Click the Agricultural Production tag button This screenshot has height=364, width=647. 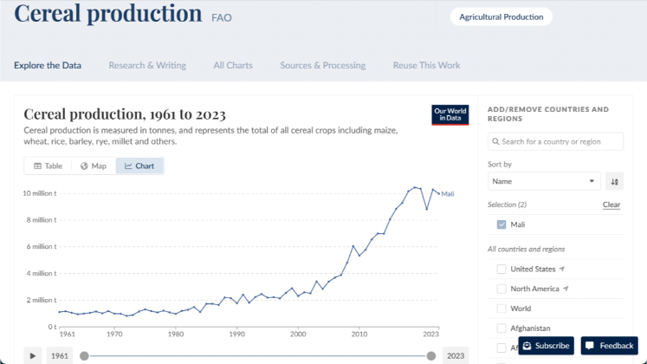tap(501, 16)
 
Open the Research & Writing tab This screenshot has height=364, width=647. tap(146, 65)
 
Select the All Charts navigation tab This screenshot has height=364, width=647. tap(233, 65)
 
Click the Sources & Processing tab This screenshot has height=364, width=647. tap(322, 65)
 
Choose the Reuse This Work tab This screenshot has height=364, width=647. tap(426, 65)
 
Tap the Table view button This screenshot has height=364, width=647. tap(48, 166)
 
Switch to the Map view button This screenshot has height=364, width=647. tap(93, 166)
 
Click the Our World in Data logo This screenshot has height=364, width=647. tap(450, 115)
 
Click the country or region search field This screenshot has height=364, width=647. tap(555, 141)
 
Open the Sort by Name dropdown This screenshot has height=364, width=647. tap(544, 181)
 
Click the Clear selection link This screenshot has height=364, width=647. tap(611, 205)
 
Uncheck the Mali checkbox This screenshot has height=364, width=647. tap(501, 224)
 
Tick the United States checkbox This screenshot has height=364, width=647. tap(501, 269)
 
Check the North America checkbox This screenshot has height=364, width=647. tap(501, 289)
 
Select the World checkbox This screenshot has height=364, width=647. tap(501, 309)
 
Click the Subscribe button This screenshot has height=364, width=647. tap(546, 346)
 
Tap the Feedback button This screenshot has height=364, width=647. tap(609, 346)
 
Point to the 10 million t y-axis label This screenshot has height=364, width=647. tap(39, 193)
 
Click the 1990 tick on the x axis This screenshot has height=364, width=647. tap(237, 334)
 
